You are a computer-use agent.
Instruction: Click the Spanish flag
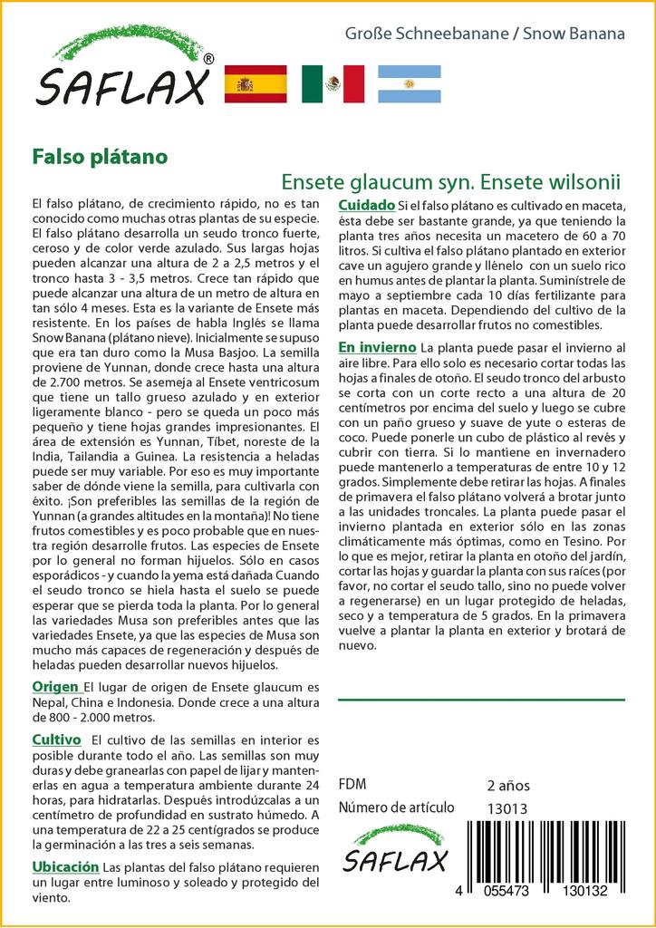pyautogui.click(x=255, y=84)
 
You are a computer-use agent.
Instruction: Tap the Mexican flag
pyautogui.click(x=333, y=84)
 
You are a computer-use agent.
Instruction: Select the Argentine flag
pyautogui.click(x=409, y=84)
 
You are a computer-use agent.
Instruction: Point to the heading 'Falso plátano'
pyautogui.click(x=100, y=156)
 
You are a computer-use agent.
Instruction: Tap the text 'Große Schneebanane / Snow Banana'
pyautogui.click(x=485, y=34)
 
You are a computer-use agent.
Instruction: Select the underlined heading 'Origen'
pyautogui.click(x=55, y=686)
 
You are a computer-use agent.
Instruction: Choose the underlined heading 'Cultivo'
pyautogui.click(x=57, y=739)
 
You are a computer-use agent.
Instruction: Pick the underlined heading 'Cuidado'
pyautogui.click(x=366, y=205)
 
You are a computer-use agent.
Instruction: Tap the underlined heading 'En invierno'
pyautogui.click(x=377, y=347)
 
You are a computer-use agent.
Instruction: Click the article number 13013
pyautogui.click(x=506, y=807)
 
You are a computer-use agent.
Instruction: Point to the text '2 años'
pyautogui.click(x=508, y=785)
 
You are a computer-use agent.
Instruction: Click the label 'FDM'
pyautogui.click(x=352, y=785)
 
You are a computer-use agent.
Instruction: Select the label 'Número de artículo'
pyautogui.click(x=395, y=807)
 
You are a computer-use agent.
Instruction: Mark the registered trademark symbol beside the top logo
pyautogui.click(x=209, y=59)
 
